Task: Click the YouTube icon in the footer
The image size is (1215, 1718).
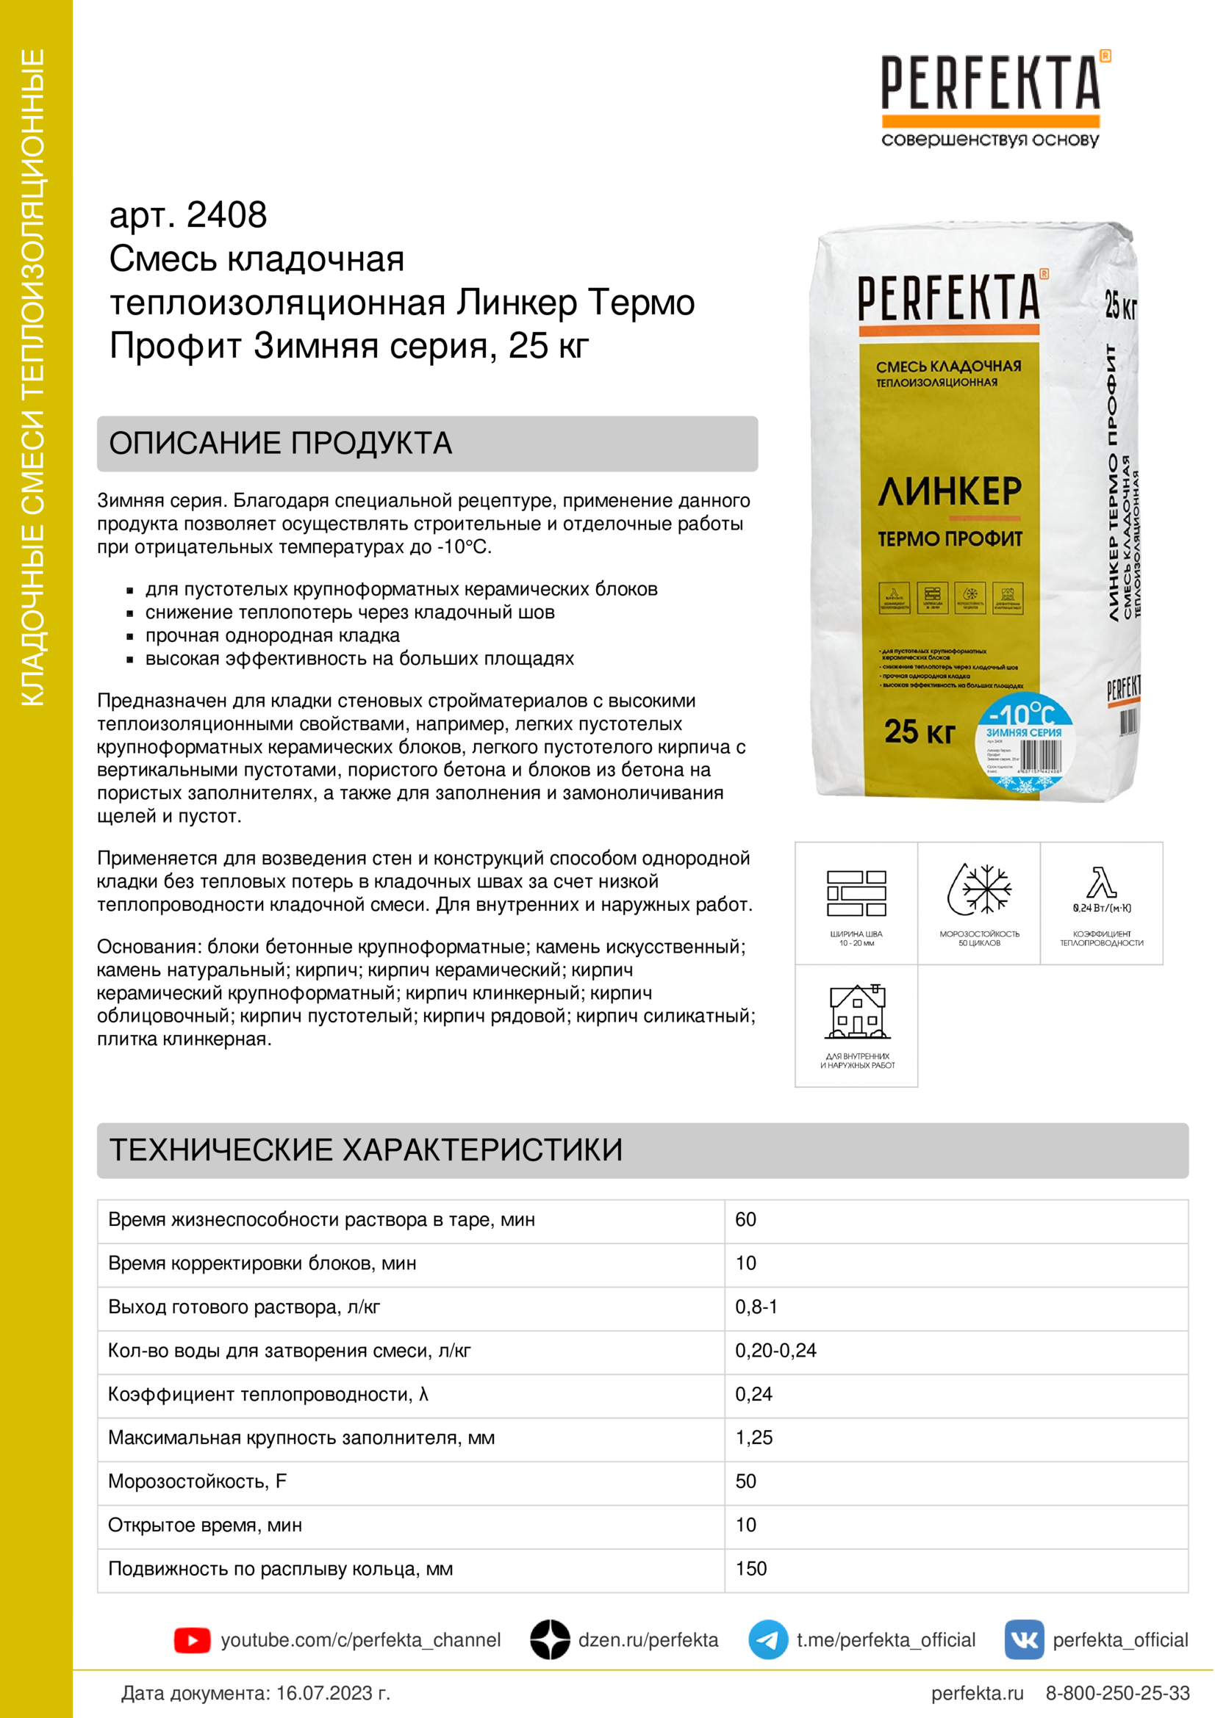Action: click(192, 1640)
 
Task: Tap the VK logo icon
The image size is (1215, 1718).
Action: click(1023, 1639)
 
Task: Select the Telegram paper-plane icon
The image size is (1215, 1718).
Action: click(767, 1639)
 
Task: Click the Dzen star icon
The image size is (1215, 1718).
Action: click(551, 1639)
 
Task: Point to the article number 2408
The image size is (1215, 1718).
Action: click(226, 215)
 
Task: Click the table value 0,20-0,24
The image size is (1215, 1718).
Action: click(775, 1351)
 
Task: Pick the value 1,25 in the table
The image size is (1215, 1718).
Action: click(754, 1437)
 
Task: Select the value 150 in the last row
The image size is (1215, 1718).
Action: click(751, 1568)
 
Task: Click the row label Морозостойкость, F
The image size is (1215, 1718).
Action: click(197, 1481)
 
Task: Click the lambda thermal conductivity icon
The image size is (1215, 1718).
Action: click(1101, 883)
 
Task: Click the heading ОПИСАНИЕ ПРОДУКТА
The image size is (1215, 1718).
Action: click(281, 443)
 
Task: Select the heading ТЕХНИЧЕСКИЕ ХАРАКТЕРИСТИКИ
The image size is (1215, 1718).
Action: click(366, 1150)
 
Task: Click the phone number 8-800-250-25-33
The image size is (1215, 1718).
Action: click(1117, 1692)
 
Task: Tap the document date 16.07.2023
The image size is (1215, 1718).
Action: click(333, 1692)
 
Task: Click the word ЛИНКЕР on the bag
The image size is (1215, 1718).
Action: click(949, 491)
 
